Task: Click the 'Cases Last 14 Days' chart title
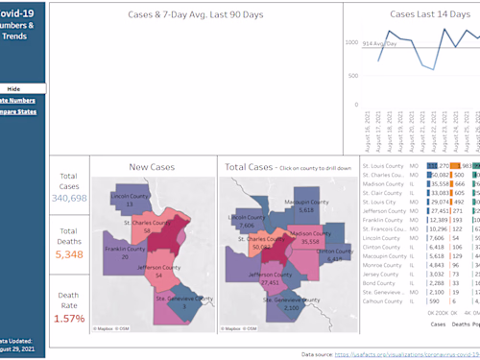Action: coord(415,15)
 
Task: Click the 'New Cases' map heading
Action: coord(151,167)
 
